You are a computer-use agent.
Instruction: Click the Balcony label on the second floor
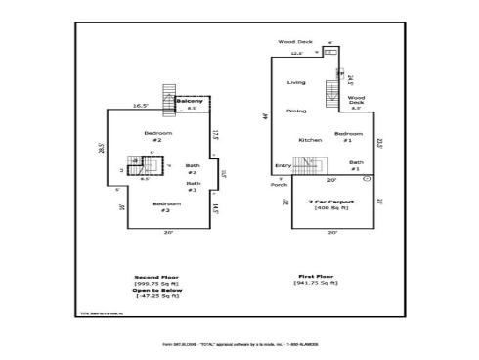pyautogui.click(x=191, y=102)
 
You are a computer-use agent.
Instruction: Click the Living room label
pyautogui.click(x=296, y=82)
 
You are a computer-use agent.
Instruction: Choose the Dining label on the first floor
pyautogui.click(x=296, y=111)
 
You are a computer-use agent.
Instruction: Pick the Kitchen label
pyautogui.click(x=310, y=139)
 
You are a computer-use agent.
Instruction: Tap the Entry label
pyautogui.click(x=283, y=165)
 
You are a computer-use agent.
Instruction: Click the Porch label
pyautogui.click(x=279, y=184)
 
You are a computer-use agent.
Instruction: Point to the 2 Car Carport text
pyautogui.click(x=331, y=202)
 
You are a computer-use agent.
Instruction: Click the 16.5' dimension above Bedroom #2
pyautogui.click(x=141, y=105)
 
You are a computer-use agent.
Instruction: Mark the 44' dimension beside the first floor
pyautogui.click(x=266, y=115)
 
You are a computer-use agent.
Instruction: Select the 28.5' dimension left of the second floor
pyautogui.click(x=101, y=149)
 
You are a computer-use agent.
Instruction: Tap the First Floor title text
pyautogui.click(x=318, y=277)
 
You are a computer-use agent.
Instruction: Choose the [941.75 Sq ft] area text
pyautogui.click(x=318, y=284)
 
